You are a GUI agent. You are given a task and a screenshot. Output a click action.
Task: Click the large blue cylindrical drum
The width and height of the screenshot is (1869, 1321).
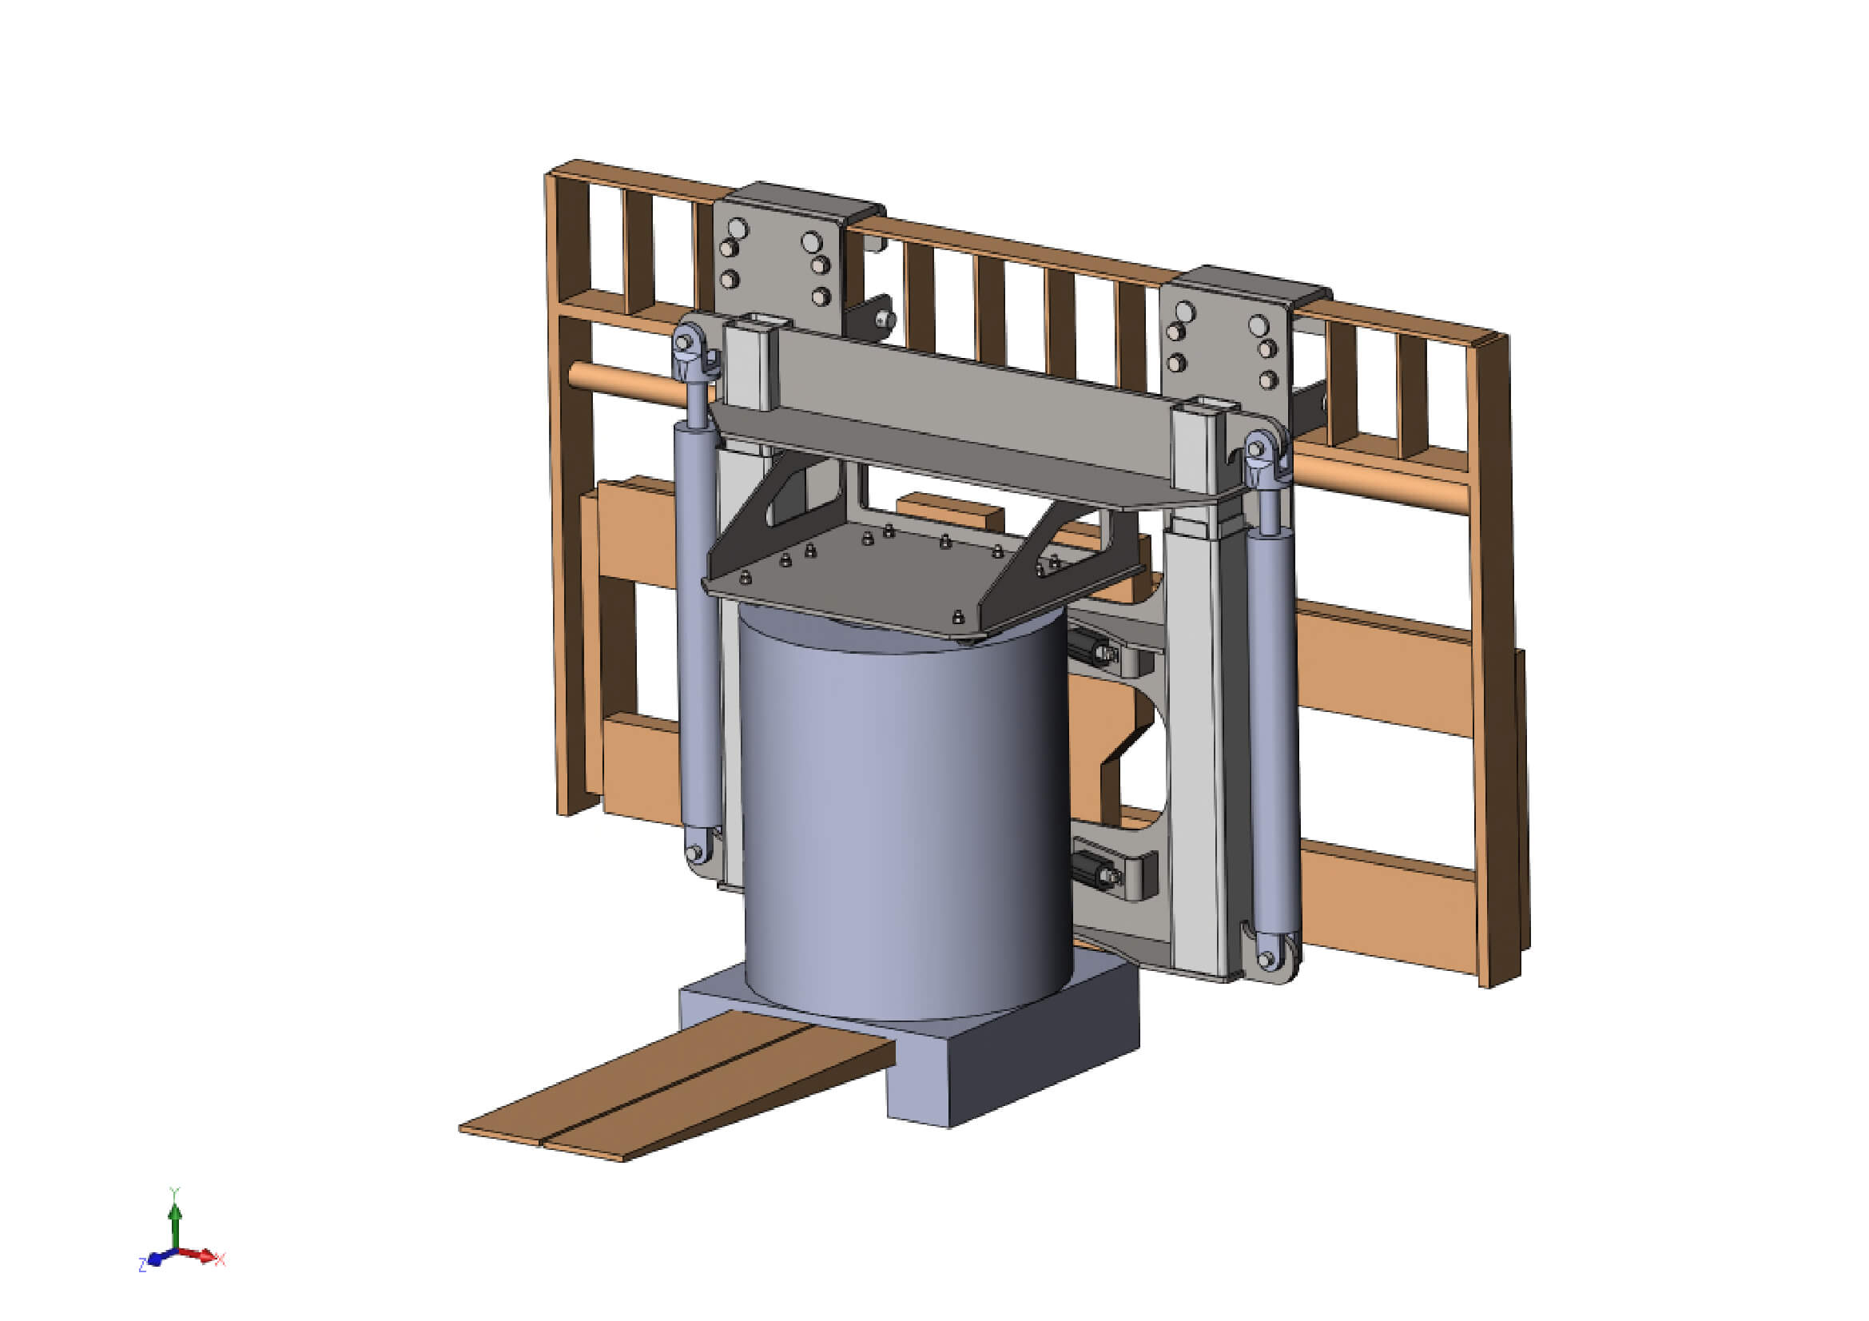904,814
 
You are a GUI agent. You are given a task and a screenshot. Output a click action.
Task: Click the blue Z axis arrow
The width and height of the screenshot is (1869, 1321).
157,1259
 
